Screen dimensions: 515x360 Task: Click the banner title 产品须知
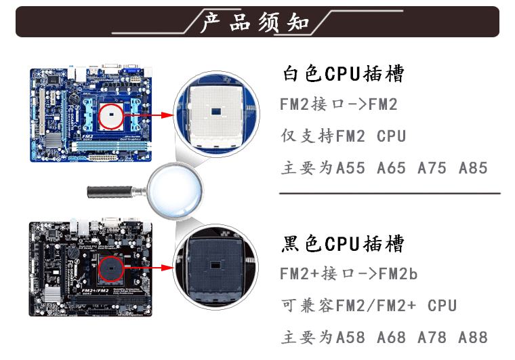pyautogui.click(x=256, y=22)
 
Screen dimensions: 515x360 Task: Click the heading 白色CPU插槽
pyautogui.click(x=343, y=74)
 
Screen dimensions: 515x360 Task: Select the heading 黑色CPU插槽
pyautogui.click(x=343, y=243)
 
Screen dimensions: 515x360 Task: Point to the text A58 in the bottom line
pyautogui.click(x=350, y=337)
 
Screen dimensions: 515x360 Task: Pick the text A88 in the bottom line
pyautogui.click(x=473, y=337)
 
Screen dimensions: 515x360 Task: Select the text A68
pyautogui.click(x=391, y=337)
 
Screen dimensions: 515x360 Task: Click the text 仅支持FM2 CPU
pyautogui.click(x=343, y=136)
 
